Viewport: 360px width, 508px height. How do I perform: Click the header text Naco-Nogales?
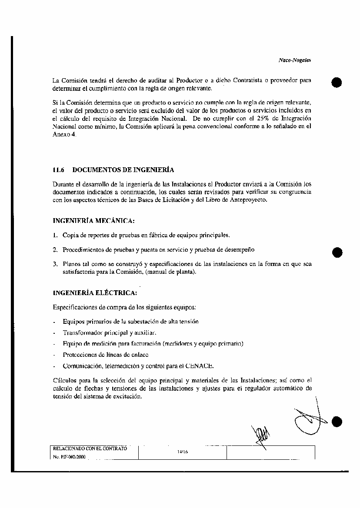click(x=294, y=61)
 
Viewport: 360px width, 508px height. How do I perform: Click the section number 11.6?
click(x=58, y=169)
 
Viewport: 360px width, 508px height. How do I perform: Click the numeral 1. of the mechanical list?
click(x=55, y=235)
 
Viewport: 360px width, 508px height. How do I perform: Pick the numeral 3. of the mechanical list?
click(x=55, y=264)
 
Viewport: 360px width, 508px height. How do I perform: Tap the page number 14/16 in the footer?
click(x=182, y=452)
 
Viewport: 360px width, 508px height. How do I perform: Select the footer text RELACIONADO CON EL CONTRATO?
click(x=90, y=448)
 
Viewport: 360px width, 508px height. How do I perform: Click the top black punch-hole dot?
click(x=337, y=82)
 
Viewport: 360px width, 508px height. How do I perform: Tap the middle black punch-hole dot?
click(x=337, y=252)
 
